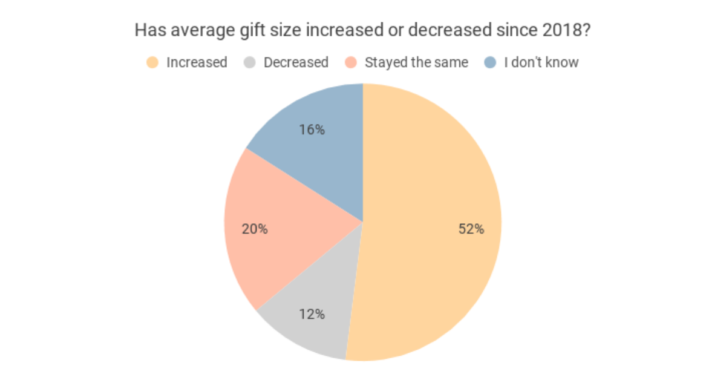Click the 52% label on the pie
click(471, 229)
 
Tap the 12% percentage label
click(312, 314)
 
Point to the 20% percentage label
click(255, 229)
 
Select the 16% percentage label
click(312, 129)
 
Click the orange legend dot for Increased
click(153, 62)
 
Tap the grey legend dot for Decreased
click(250, 62)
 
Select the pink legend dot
click(351, 62)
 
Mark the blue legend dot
click(491, 62)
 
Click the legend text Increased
click(197, 62)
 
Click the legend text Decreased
click(296, 62)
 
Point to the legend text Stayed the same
click(416, 62)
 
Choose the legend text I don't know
click(541, 62)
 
